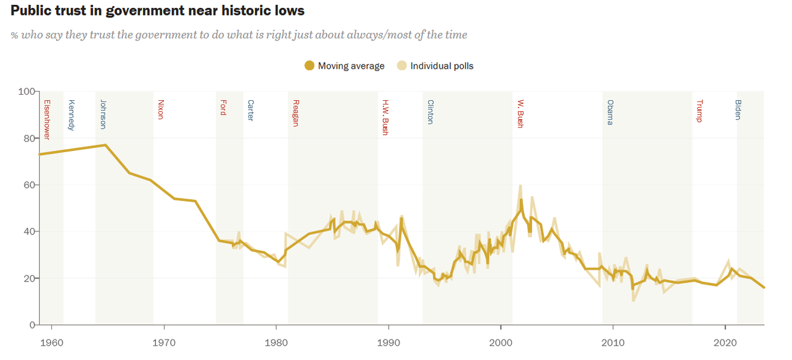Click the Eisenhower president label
pyautogui.click(x=46, y=119)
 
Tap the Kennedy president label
pyautogui.click(x=72, y=115)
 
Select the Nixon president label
pyautogui.click(x=161, y=109)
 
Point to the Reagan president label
pyautogui.click(x=296, y=113)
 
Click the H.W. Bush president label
pyautogui.click(x=385, y=117)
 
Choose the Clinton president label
pyautogui.click(x=431, y=112)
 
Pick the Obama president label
pyautogui.click(x=610, y=112)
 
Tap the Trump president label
pyautogui.click(x=699, y=111)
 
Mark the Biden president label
pyautogui.click(x=738, y=109)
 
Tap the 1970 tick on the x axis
pyautogui.click(x=163, y=342)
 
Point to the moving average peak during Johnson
pyautogui.click(x=106, y=145)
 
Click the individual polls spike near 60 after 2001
pyautogui.click(x=521, y=185)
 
